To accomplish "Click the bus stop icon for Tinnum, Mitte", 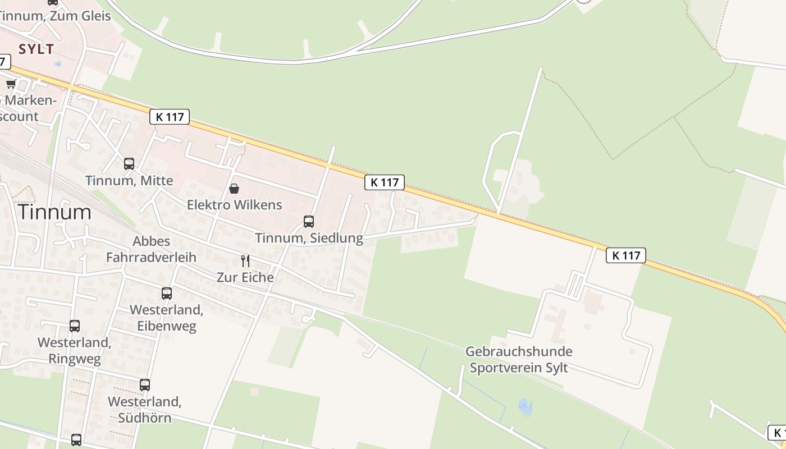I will point(129,164).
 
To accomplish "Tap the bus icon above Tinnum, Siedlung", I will point(308,222).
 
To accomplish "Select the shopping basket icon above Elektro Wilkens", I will point(234,189).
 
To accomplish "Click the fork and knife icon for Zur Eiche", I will point(245,260).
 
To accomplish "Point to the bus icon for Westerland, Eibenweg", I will point(166,294).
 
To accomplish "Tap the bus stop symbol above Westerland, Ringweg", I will point(75,326).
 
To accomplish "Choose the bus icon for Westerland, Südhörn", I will point(145,385).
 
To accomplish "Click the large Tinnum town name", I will point(54,212).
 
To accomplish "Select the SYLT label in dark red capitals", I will point(36,49).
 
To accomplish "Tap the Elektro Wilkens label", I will point(234,204).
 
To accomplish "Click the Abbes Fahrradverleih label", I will point(151,249).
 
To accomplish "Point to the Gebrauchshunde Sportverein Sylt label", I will point(519,360).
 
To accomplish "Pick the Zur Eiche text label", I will point(245,277).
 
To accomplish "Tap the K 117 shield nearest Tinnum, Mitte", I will point(170,117).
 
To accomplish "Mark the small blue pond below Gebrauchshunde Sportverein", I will point(525,406).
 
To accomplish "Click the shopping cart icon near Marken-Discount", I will point(11,84).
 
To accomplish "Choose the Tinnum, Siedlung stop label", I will point(309,238).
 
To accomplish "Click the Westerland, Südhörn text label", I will point(144,410).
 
